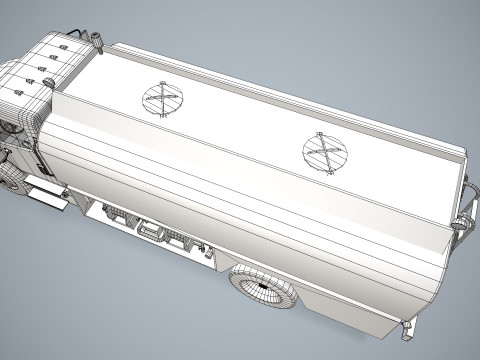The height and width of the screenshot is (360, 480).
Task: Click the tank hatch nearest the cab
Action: tap(162, 98)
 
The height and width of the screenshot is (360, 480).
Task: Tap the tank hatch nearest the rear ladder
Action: tap(324, 152)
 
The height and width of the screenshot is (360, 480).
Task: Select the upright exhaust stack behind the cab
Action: tap(98, 41)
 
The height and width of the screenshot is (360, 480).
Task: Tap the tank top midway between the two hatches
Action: tap(243, 125)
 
